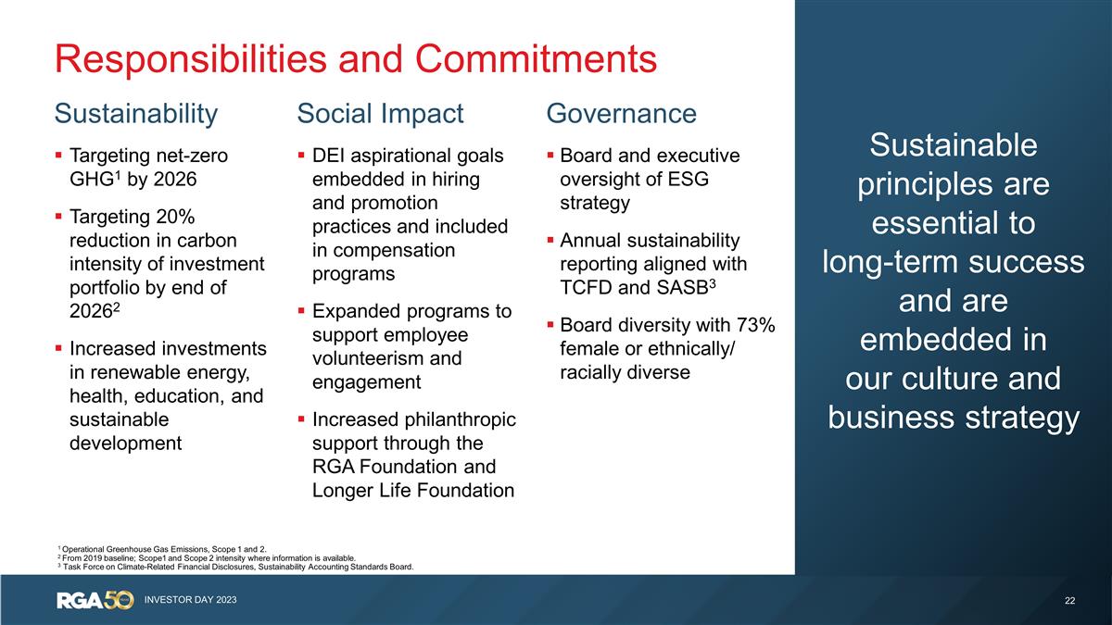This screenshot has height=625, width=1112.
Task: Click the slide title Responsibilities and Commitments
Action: (356, 58)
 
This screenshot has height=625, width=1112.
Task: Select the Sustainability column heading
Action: (136, 114)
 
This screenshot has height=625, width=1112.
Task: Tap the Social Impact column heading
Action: (380, 114)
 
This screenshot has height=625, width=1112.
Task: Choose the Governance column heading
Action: (621, 114)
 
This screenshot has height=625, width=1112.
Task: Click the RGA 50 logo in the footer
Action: (95, 600)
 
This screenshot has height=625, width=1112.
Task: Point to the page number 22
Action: (1070, 601)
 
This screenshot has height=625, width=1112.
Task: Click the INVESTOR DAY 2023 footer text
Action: (190, 601)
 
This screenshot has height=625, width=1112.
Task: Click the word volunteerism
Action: (366, 358)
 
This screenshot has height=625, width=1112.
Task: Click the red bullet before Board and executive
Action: (550, 156)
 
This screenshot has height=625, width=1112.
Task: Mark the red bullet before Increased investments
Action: (59, 349)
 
